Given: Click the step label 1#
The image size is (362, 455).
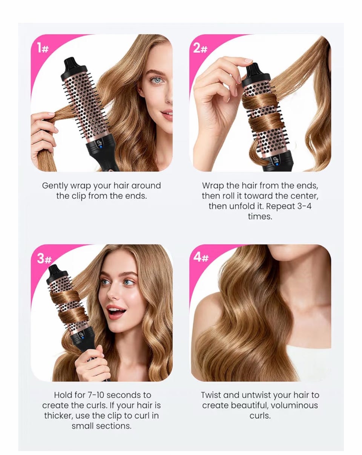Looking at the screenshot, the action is pyautogui.click(x=43, y=47).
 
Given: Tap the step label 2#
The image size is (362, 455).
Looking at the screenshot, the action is pyautogui.click(x=200, y=48).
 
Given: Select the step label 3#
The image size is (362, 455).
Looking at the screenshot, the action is pyautogui.click(x=44, y=259).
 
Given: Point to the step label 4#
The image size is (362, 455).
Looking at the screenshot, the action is pyautogui.click(x=201, y=257).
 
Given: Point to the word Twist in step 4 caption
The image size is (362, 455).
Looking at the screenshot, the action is pyautogui.click(x=211, y=395).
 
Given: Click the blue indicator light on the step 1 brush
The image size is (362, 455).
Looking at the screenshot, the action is pyautogui.click(x=101, y=146).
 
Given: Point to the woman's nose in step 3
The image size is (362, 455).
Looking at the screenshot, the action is pyautogui.click(x=114, y=293).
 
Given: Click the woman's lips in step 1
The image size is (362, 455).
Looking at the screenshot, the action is pyautogui.click(x=167, y=116).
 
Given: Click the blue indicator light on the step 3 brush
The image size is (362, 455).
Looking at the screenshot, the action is pyautogui.click(x=83, y=338).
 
